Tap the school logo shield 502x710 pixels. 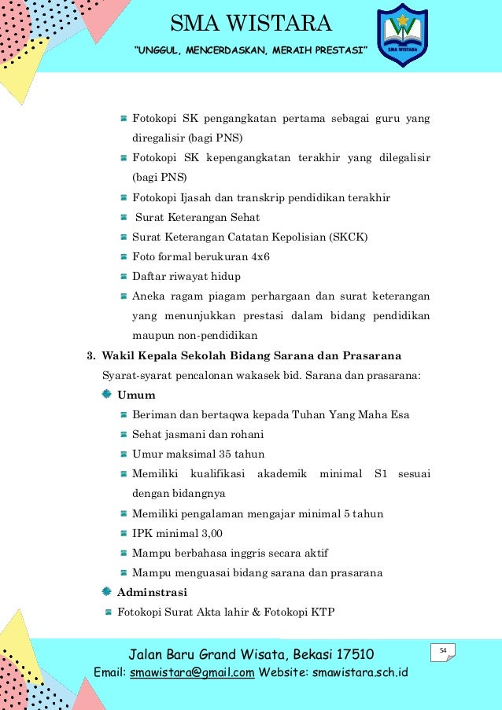(x=402, y=35)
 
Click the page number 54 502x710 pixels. (x=443, y=649)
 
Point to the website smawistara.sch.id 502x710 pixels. (x=359, y=672)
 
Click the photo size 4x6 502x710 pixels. (x=260, y=256)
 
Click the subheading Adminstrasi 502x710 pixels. (x=152, y=592)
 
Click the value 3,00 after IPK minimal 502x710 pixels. (x=208, y=533)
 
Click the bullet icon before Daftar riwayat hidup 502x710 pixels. (x=124, y=277)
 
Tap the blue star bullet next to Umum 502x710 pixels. (x=107, y=394)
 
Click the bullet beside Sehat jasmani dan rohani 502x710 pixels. (x=124, y=434)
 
